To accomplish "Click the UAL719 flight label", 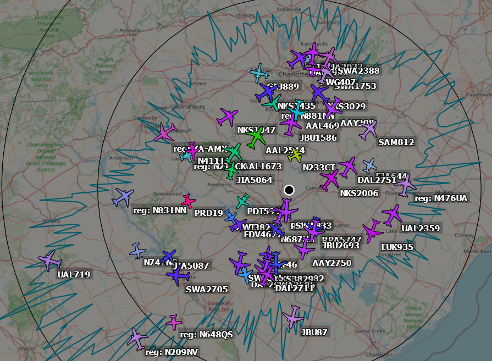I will (x=74, y=274).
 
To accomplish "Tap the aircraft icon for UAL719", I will (x=50, y=260).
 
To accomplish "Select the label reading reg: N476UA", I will (x=441, y=198).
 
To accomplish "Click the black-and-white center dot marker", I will (x=289, y=190).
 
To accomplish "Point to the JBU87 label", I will (x=314, y=332).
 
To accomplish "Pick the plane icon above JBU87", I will (x=294, y=317).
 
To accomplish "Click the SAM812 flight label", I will (x=396, y=142).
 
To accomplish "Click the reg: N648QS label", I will (x=207, y=334).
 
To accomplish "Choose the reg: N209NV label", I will (x=173, y=352).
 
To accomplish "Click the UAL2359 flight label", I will (x=421, y=229).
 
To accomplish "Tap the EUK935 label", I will (x=397, y=247).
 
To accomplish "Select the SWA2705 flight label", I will (x=207, y=289).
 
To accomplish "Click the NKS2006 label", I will (x=359, y=193).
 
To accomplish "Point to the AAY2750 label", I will (x=331, y=263).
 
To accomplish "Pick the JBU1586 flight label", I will (x=318, y=137).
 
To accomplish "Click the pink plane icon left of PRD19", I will (x=188, y=201).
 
